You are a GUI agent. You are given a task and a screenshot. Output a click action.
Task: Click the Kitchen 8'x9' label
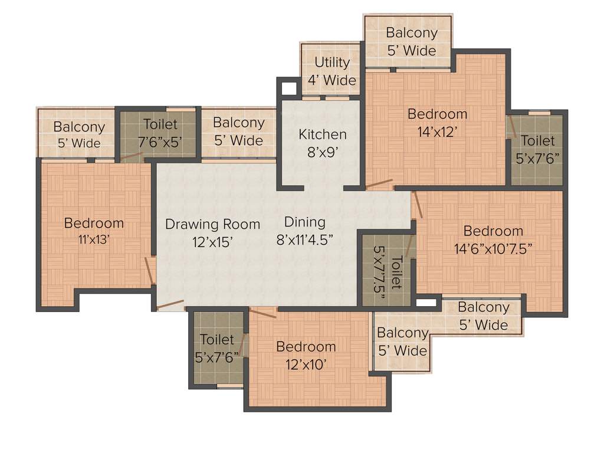322,142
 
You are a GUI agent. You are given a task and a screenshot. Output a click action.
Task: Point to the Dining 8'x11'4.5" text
305,230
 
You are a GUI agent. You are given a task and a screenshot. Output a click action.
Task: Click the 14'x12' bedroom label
437,123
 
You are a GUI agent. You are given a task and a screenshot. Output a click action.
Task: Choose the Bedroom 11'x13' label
94,231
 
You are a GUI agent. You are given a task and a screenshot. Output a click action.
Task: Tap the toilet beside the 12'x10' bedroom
217,348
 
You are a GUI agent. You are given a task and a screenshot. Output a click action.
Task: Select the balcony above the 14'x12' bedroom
412,41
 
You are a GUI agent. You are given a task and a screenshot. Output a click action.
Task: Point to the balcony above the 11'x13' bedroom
78,134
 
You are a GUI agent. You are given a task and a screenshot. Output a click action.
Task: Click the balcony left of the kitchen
238,131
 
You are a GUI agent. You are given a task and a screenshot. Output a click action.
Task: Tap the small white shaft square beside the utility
289,88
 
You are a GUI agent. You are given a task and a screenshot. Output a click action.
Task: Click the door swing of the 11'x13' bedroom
149,268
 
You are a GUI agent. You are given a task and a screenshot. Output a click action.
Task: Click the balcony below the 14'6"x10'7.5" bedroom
483,316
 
